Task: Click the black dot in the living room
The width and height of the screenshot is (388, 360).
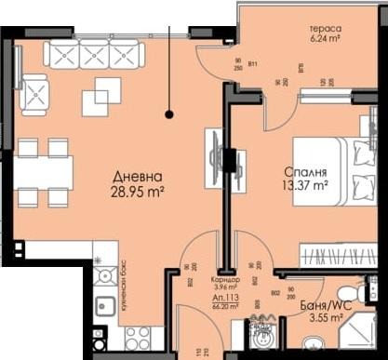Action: pos(169,115)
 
